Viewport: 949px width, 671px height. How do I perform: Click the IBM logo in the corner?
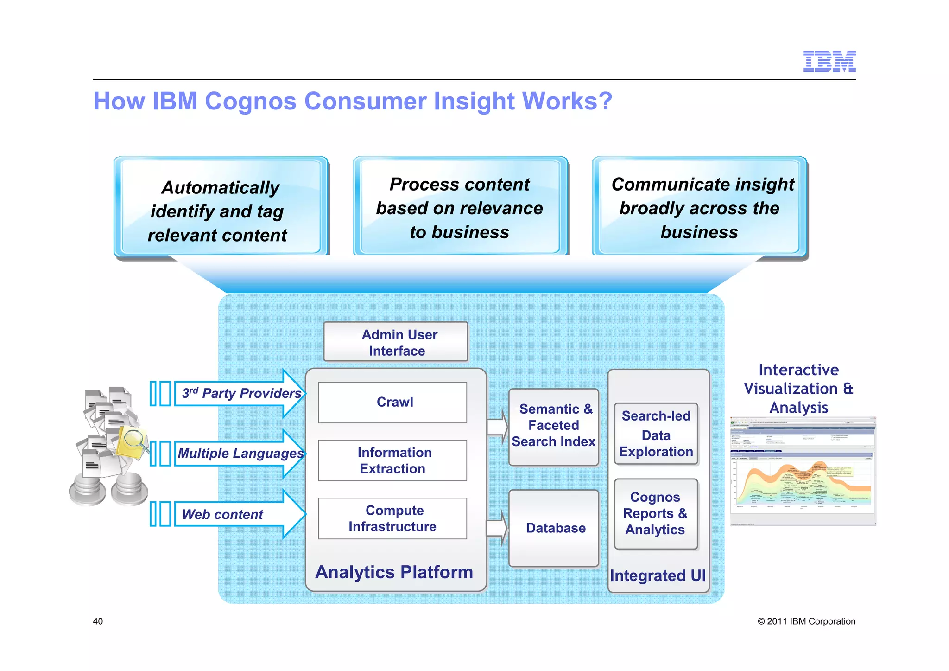(829, 62)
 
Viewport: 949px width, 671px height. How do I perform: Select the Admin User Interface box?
(396, 342)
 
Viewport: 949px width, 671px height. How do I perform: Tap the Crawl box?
(392, 402)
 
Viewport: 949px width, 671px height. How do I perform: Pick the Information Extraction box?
(392, 460)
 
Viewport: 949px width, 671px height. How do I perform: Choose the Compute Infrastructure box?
(392, 518)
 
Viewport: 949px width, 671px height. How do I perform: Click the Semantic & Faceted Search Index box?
(553, 426)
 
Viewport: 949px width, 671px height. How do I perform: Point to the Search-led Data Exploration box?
(656, 434)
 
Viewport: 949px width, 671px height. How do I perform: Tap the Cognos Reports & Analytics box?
(655, 513)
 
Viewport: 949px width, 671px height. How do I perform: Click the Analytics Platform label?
(394, 572)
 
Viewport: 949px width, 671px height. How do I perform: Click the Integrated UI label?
(658, 575)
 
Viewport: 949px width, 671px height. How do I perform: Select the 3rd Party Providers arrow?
(241, 394)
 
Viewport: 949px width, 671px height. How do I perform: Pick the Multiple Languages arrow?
(241, 453)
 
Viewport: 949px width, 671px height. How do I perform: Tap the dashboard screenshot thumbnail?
(803, 471)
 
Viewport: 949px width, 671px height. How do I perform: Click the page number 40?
(98, 621)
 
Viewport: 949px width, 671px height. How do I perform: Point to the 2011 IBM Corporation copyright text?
(806, 621)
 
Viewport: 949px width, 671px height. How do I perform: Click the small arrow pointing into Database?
(497, 528)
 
